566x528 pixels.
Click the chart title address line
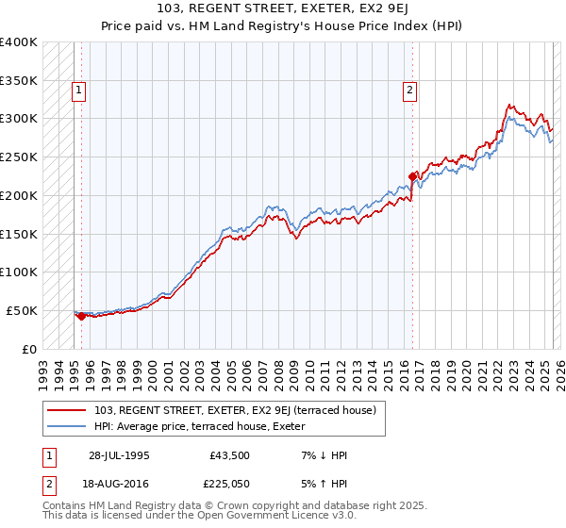[283, 9]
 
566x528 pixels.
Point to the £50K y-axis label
[21, 310]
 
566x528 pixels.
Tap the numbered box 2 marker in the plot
[410, 91]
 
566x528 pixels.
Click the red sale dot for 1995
[81, 316]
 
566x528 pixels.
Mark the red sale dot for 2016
[412, 175]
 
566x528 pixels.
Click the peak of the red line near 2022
[509, 105]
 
